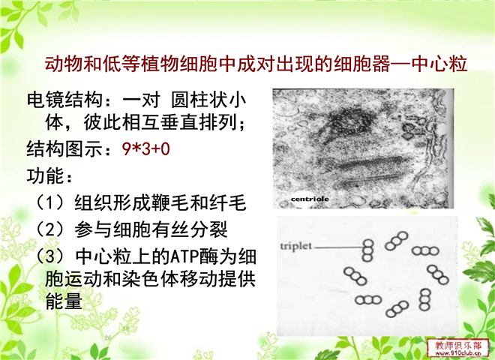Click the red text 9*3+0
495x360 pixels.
(x=145, y=148)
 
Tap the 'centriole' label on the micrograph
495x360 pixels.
(x=310, y=199)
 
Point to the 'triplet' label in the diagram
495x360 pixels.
(x=296, y=246)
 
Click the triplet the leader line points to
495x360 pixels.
(x=367, y=250)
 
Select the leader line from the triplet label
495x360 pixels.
(x=338, y=247)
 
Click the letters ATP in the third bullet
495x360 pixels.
(x=184, y=256)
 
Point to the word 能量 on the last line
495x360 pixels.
(x=64, y=301)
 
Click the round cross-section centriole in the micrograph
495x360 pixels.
(x=349, y=121)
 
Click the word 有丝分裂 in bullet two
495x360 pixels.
(x=190, y=229)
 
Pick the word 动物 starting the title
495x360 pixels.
(x=64, y=64)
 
